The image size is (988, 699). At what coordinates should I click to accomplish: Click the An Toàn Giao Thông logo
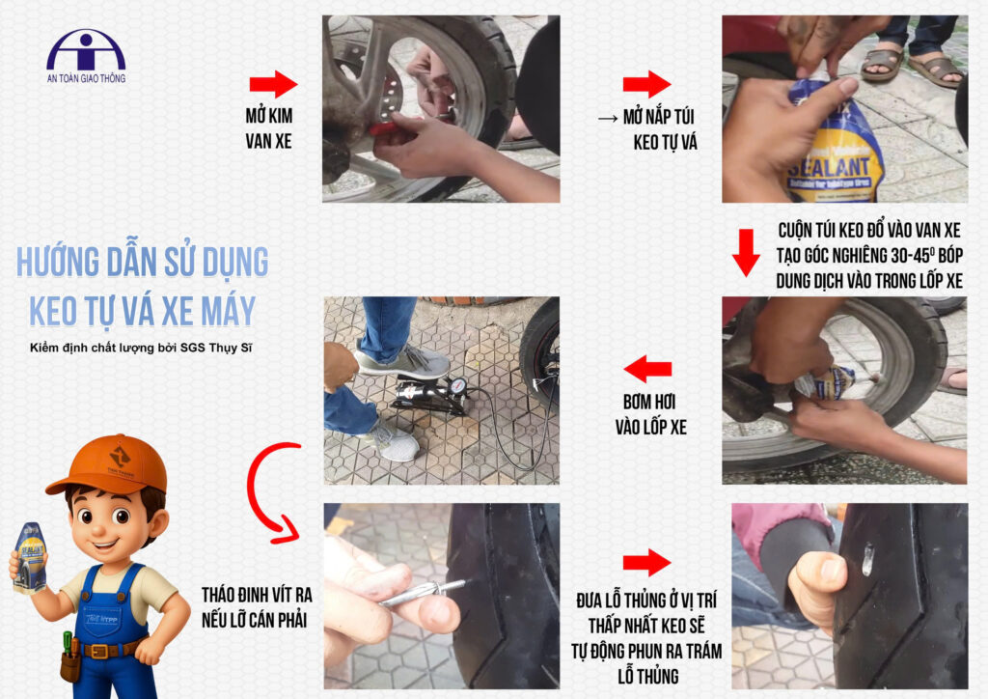click(86, 56)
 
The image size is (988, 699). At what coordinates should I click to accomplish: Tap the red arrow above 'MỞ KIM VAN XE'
click(273, 84)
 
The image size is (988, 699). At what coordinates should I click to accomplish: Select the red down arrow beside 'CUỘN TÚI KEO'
click(746, 253)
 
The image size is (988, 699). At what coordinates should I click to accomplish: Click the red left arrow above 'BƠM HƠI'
click(647, 369)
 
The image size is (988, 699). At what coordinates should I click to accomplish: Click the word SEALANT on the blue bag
click(829, 167)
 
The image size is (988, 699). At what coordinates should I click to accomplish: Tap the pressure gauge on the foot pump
click(458, 384)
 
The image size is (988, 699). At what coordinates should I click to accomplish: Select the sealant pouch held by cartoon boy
click(30, 558)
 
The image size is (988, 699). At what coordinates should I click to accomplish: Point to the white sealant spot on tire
click(867, 560)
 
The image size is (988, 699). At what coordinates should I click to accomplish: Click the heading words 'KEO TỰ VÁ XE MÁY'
click(143, 311)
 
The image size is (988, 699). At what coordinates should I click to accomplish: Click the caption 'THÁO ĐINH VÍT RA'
click(257, 595)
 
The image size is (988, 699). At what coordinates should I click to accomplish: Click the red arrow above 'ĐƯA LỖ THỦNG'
click(647, 562)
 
